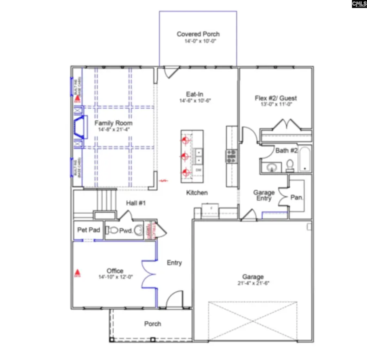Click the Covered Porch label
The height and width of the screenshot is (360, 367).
pos(198,34)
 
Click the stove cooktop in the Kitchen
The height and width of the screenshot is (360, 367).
pos(232,156)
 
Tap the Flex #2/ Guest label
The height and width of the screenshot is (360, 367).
pos(276,98)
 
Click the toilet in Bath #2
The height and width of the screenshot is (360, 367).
pos(290,165)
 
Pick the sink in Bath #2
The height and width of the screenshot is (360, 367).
pos(271,167)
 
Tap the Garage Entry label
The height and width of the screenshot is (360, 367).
pos(264,195)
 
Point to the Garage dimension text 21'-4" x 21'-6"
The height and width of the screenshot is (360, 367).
pos(253,283)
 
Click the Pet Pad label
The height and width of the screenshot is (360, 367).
pos(88,230)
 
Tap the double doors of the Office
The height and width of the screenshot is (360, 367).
pos(149,274)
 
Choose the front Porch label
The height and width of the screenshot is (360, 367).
pos(153,324)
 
